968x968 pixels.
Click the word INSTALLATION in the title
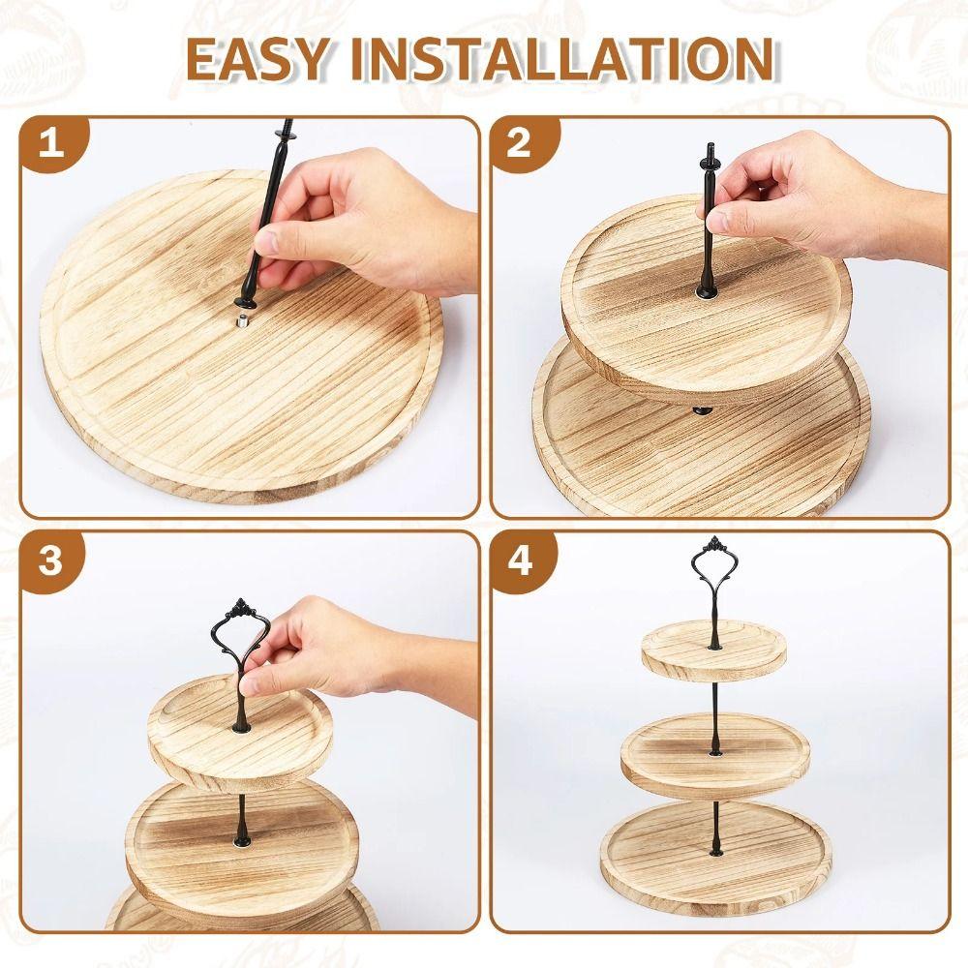tap(561, 59)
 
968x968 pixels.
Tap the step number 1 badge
tap(51, 144)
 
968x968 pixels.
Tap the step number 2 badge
tap(520, 144)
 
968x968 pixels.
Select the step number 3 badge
tap(51, 561)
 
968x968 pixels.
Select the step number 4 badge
tap(520, 561)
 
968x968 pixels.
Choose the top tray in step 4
tap(713, 650)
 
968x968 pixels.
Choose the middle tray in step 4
tap(714, 755)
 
